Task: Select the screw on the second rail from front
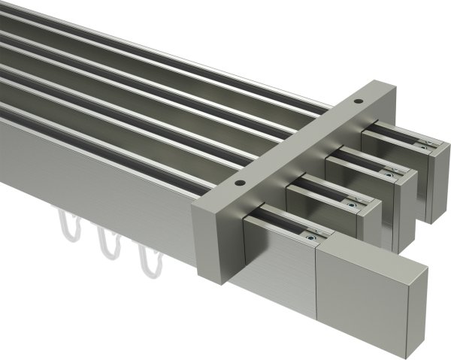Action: tap(350, 201)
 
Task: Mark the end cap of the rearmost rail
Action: tap(437, 180)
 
